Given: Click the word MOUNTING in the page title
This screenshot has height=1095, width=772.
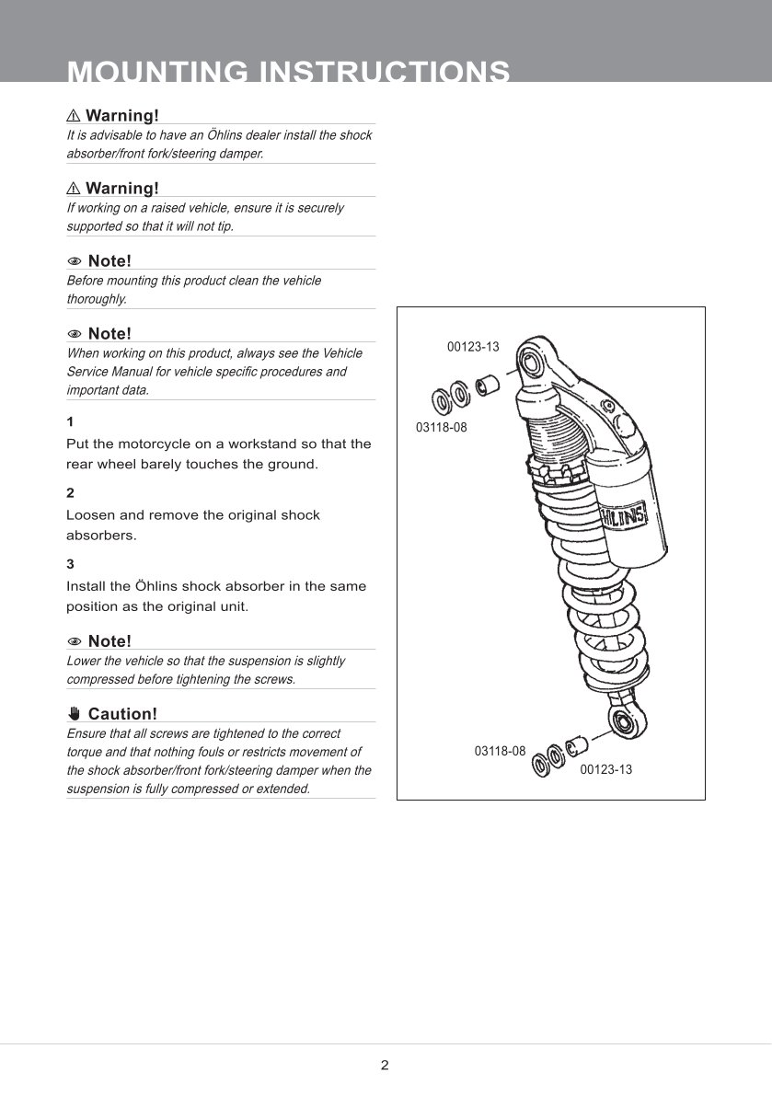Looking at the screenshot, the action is click(x=157, y=71).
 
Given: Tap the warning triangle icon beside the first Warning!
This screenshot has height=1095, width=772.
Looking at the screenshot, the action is click(x=74, y=116).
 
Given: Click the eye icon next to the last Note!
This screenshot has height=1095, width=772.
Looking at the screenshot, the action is click(x=74, y=641).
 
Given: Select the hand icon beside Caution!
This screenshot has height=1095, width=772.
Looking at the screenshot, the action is click(x=74, y=714).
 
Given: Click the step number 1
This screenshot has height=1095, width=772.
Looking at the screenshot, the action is click(x=70, y=421).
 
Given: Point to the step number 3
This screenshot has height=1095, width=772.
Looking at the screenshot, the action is click(x=70, y=564).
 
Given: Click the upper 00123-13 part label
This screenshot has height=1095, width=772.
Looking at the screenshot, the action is click(x=473, y=346).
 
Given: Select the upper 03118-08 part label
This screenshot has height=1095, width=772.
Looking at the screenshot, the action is click(x=441, y=427).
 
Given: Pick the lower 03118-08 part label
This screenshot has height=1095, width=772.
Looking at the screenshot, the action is click(x=500, y=752).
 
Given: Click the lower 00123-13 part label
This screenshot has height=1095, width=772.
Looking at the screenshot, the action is click(x=605, y=769).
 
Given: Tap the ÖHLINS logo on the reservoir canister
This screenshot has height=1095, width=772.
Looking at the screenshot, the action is click(x=624, y=517).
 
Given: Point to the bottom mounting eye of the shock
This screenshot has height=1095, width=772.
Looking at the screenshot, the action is click(x=620, y=720).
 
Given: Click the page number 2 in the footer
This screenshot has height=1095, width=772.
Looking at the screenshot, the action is click(x=385, y=1065).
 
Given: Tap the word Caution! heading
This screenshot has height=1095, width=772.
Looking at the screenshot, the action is click(x=123, y=714).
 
